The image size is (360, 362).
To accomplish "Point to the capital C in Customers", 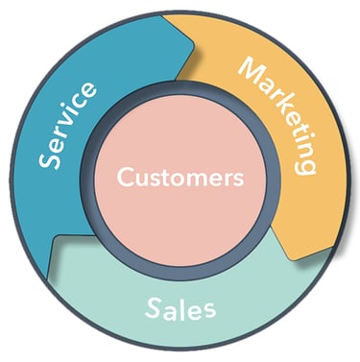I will [x=123, y=179].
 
